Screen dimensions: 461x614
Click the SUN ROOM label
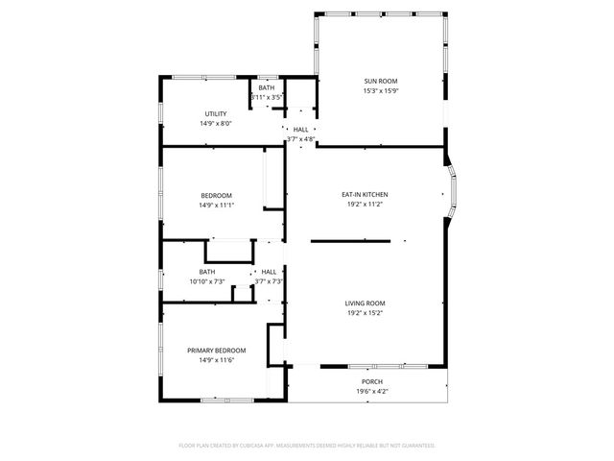(x=380, y=81)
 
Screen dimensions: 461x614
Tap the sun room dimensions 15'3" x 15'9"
(x=380, y=91)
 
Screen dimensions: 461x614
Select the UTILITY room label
(x=216, y=113)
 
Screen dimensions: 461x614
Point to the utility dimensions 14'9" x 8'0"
(x=216, y=124)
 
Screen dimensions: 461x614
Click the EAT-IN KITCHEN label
(x=365, y=194)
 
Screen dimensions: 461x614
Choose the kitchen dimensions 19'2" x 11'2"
(x=365, y=205)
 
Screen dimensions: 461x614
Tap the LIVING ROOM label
(x=365, y=303)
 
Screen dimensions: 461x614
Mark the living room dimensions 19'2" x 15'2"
(x=365, y=314)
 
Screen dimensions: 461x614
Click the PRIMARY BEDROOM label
(x=216, y=350)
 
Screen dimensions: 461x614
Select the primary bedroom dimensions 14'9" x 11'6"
(x=216, y=360)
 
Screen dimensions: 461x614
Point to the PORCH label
(x=371, y=381)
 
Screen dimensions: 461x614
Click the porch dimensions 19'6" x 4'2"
(x=371, y=392)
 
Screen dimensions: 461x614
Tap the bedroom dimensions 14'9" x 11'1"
(x=216, y=205)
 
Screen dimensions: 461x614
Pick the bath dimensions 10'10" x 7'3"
(x=206, y=282)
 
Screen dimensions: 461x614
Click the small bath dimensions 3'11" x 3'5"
(x=266, y=98)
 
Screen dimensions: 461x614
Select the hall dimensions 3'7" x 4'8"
(x=301, y=139)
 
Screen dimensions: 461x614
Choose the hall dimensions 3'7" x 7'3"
(x=269, y=282)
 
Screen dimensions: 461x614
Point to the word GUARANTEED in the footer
(x=413, y=446)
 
